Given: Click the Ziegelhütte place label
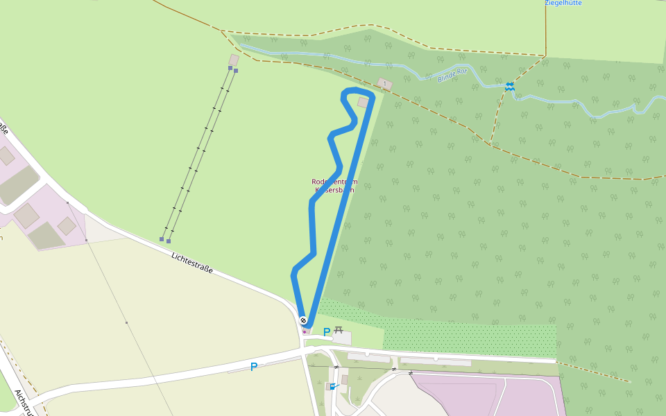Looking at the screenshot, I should tap(563, 3).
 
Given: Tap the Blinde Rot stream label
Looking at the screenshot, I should tap(452, 74).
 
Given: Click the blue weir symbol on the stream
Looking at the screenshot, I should tap(509, 86).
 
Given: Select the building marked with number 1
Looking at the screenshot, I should tap(385, 84).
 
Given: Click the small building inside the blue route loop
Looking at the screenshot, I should tap(363, 103).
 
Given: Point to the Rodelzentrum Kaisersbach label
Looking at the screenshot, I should tap(334, 185).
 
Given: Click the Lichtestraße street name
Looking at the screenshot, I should tap(191, 262).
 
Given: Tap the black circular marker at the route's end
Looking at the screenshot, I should tap(303, 320).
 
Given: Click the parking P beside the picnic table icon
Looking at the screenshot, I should tap(326, 332).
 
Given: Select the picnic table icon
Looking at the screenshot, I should tap(339, 330).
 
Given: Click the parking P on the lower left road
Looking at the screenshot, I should tap(254, 367).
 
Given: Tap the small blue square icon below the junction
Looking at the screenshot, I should tap(332, 386).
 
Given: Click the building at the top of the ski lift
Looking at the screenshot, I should tap(234, 60).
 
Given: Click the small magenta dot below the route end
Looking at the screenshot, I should tap(304, 331).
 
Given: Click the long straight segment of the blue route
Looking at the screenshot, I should tap(341, 208).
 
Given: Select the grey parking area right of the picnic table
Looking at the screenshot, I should tap(342, 338).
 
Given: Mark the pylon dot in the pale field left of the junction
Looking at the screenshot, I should tap(126, 322).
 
